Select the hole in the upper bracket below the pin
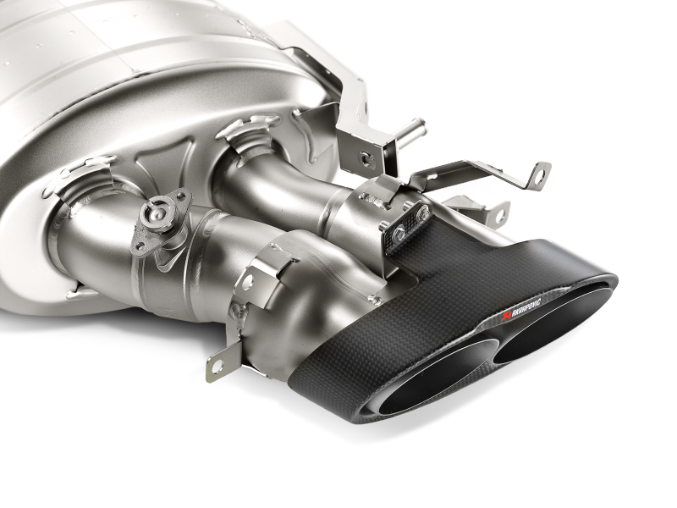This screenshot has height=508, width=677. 365,157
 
